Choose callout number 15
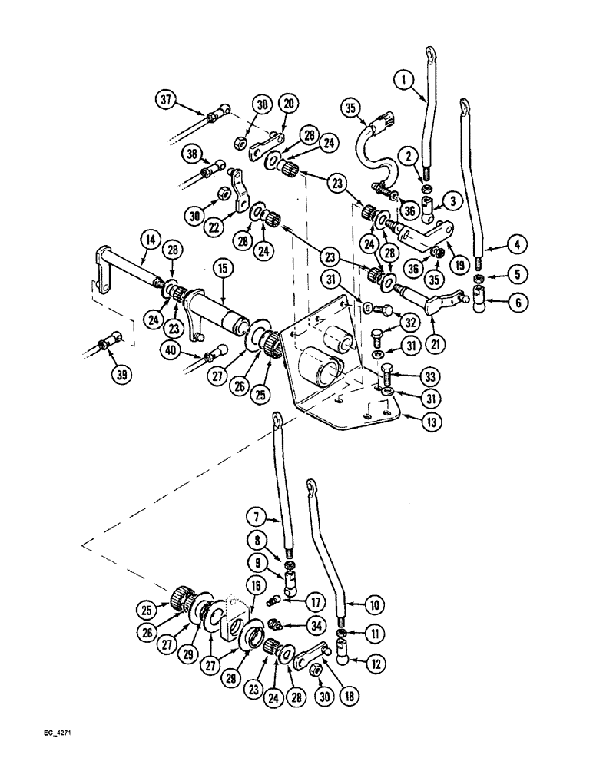click(x=223, y=271)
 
